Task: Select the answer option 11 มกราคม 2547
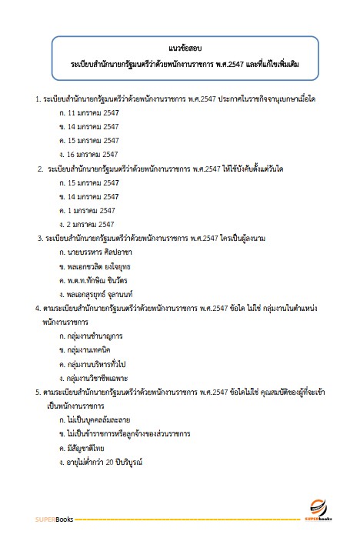point(94,112)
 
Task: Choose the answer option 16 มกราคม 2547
point(94,154)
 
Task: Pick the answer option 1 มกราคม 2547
point(92,210)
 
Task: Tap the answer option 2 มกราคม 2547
point(92,224)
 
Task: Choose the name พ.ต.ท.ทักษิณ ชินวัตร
point(108,280)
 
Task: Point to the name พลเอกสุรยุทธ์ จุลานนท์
point(110,294)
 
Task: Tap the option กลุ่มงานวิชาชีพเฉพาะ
point(105,378)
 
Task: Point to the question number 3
point(39,239)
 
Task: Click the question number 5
point(38,393)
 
